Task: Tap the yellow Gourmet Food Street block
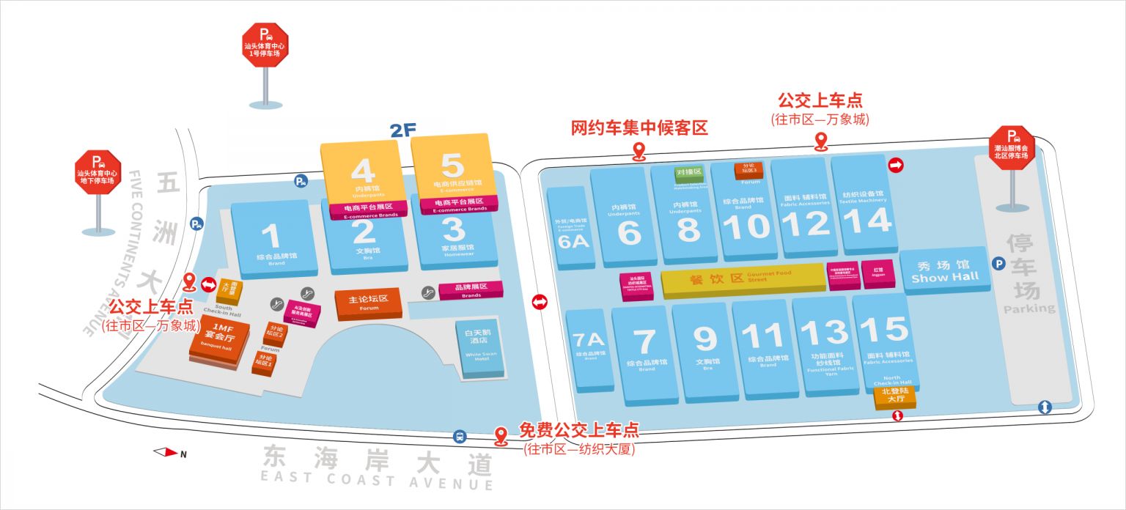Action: (x=740, y=280)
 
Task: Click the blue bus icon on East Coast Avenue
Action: (x=460, y=436)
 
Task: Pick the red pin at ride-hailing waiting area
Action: (x=639, y=152)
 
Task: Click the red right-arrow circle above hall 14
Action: (x=895, y=166)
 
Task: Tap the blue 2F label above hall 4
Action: (x=402, y=130)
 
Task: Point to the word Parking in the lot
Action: (x=1029, y=308)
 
